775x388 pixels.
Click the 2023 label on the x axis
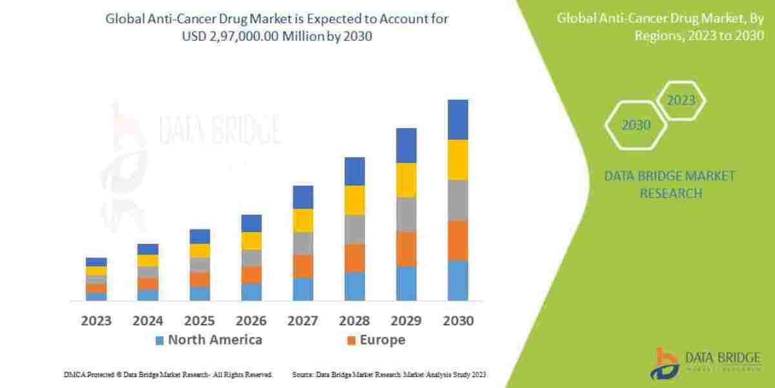96,321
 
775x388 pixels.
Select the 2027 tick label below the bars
303,321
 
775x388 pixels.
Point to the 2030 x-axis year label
458,321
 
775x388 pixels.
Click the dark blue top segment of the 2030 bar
458,120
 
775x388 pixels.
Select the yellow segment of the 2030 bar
458,160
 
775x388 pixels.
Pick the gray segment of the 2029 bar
406,214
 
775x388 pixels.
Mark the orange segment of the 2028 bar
355,257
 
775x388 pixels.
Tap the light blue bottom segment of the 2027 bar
303,289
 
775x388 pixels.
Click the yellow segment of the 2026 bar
251,241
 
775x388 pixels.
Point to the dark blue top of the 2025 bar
200,236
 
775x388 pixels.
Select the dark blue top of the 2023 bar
96,262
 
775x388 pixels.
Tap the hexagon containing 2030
636,125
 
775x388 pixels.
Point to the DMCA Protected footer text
168,374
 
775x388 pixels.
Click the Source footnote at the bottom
389,374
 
